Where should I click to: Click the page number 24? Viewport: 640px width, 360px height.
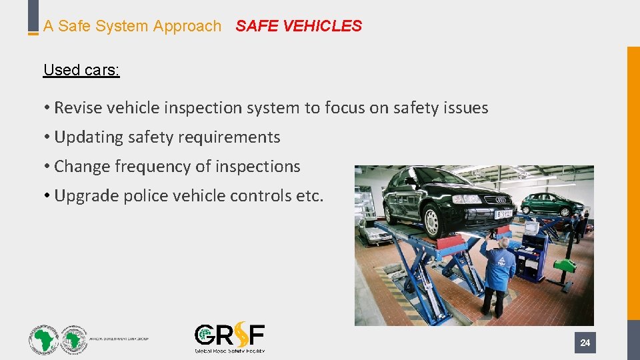[x=585, y=343]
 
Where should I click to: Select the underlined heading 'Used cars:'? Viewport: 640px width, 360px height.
[x=81, y=70]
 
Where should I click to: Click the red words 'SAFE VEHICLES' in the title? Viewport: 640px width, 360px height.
[x=299, y=26]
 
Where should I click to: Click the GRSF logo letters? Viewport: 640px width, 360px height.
[x=229, y=335]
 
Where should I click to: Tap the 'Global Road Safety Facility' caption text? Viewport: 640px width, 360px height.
[x=229, y=350]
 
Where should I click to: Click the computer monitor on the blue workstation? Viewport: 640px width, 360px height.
[x=533, y=227]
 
